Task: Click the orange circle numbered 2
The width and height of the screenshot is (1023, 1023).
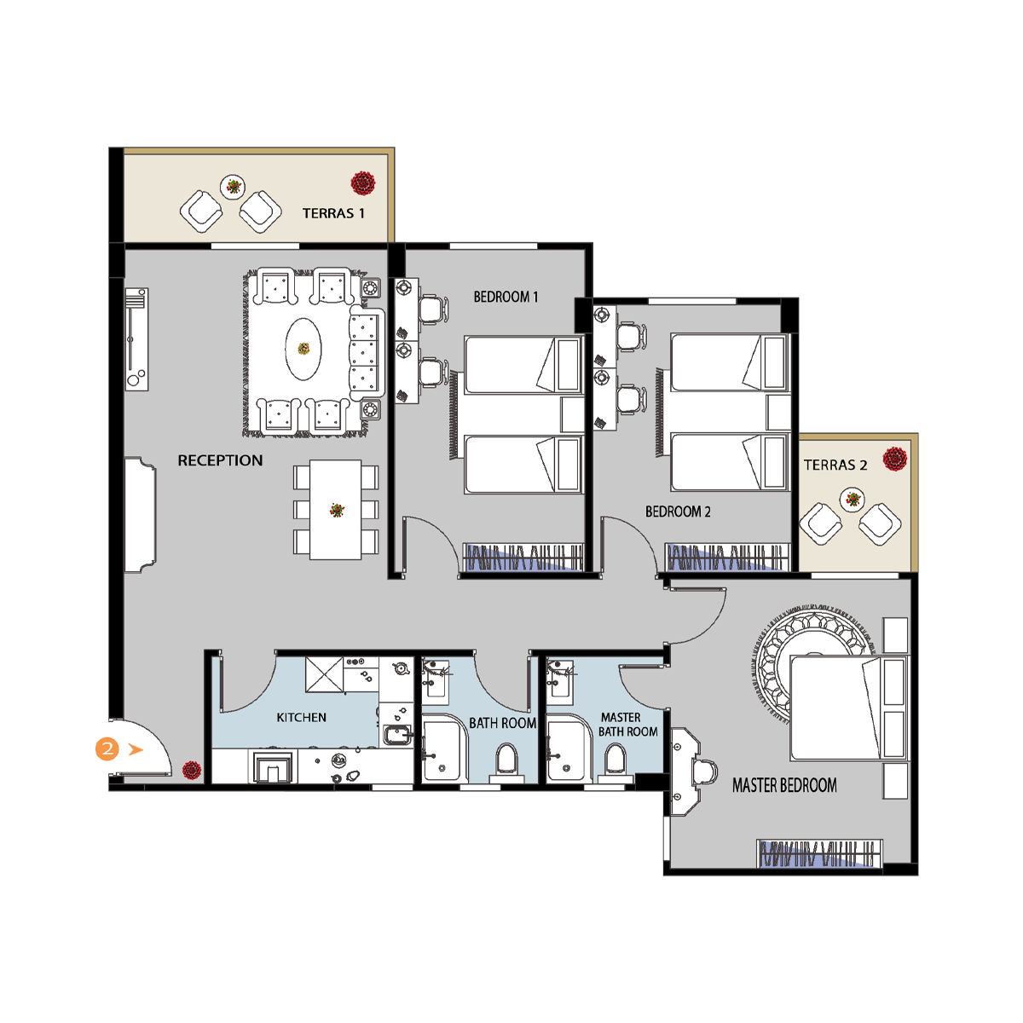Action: [107, 749]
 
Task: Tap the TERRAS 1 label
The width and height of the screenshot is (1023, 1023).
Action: [333, 213]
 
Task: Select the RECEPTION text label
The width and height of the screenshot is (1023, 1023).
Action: [220, 460]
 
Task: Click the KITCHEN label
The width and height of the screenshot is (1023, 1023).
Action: [301, 717]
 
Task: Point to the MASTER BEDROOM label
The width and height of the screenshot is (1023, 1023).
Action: [784, 785]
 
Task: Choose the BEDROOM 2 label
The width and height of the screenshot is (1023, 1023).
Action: [678, 511]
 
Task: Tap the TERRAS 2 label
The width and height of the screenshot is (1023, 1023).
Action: [835, 465]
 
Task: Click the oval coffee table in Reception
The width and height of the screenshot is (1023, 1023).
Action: [303, 349]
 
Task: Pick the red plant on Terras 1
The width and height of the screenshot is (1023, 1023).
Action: [363, 183]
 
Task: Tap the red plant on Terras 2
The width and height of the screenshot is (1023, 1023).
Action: [895, 459]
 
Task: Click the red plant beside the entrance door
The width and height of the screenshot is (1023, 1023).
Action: [192, 771]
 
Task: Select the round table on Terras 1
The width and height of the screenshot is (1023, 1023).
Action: [233, 187]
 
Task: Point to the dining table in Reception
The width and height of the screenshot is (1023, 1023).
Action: [336, 510]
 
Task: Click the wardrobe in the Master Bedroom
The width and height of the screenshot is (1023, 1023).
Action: [819, 854]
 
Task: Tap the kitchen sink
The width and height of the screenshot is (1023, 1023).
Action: [397, 735]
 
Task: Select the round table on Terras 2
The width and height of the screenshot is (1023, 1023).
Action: [852, 500]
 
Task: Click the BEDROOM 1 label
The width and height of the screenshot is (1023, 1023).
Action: [506, 297]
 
